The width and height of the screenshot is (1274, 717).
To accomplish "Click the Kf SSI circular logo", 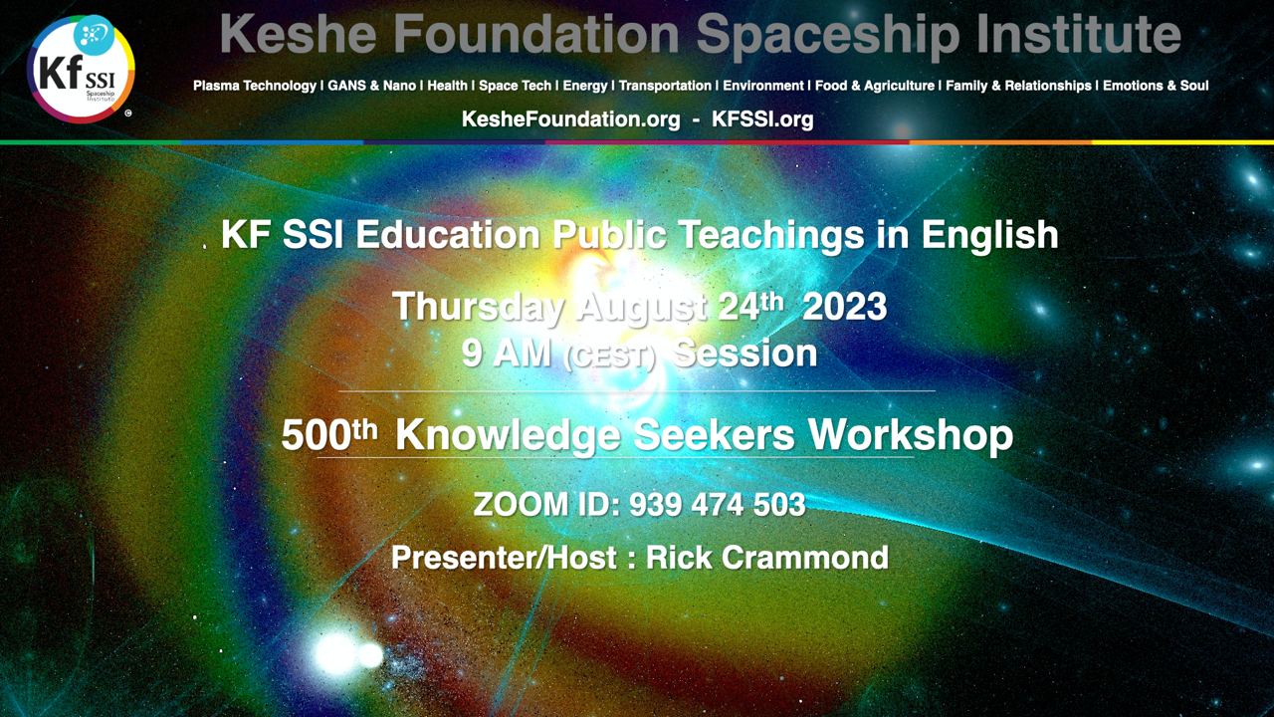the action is pos(81,69).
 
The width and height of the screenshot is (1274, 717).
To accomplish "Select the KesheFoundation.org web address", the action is pos(571,119).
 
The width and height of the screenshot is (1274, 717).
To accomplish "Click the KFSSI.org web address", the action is pos(762,119).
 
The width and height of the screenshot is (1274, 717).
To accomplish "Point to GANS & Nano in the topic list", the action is pos(372,86).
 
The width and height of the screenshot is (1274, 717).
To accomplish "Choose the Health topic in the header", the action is pos(447,86).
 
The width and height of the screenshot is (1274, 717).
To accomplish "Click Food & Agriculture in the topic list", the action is pos(875,86).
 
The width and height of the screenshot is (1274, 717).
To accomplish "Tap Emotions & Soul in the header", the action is pos(1156,86).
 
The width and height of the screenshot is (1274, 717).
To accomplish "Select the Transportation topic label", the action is pos(665,86).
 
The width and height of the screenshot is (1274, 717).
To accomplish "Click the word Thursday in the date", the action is pos(479,308).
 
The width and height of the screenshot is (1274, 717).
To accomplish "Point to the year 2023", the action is pos(845,308).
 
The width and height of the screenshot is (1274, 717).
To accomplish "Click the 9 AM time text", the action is pos(507,354).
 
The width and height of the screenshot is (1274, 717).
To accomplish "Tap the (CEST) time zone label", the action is pos(608,358).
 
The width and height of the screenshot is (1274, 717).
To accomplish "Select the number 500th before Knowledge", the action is pos(329,435).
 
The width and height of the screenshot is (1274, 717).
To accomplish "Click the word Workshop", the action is pos(911,436).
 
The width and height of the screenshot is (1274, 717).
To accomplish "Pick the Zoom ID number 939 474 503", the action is pos(718,505).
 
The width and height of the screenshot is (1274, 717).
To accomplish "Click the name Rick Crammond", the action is pos(767,558).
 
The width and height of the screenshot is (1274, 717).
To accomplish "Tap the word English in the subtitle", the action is pos(989,236).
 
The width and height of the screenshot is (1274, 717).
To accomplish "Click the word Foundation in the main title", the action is pos(536,34).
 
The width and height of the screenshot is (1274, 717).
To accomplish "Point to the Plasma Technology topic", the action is pos(255,86).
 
